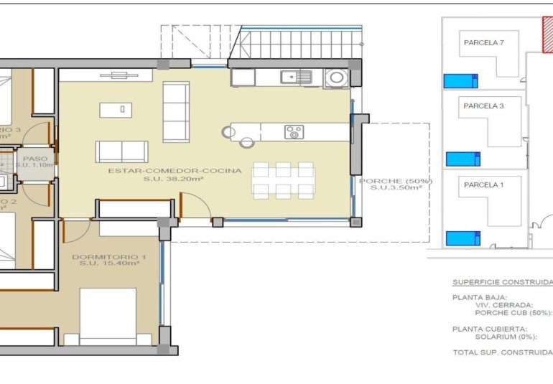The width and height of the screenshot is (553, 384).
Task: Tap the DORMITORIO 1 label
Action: [109, 256]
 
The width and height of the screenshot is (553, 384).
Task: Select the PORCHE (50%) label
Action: [396, 181]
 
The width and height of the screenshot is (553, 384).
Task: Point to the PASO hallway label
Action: [34, 159]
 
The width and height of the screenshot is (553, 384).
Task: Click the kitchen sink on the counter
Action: [296, 76]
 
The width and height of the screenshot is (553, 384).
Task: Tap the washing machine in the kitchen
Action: [335, 78]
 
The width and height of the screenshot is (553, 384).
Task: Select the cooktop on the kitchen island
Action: [294, 132]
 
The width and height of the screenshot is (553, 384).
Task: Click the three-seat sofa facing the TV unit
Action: [176, 111]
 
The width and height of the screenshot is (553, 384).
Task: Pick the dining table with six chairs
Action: [284, 180]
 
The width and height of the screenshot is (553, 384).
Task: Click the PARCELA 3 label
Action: [483, 106]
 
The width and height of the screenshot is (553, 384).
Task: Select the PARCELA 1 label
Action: [483, 184]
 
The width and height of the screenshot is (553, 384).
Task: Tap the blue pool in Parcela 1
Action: [463, 238]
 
